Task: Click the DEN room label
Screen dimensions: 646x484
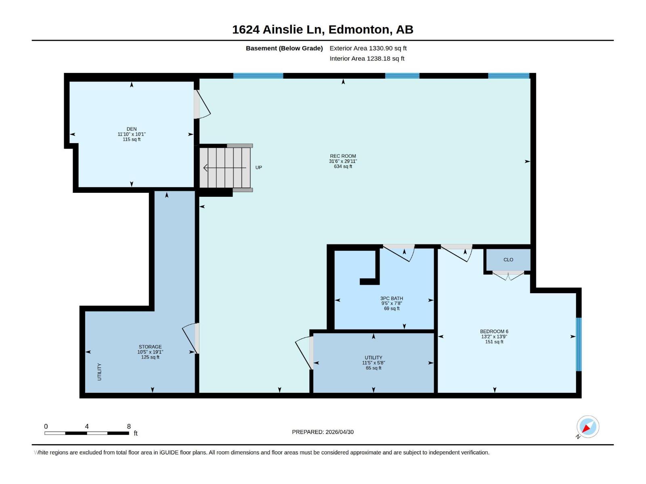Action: pos(132,129)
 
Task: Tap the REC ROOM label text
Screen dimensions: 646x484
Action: pos(343,156)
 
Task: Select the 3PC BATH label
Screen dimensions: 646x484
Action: pos(391,298)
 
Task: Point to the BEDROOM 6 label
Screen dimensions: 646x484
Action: pos(494,332)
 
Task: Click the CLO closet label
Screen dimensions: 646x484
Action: pos(508,260)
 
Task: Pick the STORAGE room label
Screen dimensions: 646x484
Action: pos(150,347)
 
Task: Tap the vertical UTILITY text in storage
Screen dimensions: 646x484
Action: pos(99,372)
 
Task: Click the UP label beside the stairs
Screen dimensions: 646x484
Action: pos(258,167)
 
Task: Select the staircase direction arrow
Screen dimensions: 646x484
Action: pos(225,168)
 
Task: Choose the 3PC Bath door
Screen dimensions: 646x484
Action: pos(399,253)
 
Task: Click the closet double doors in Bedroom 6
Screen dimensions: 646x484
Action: pos(508,275)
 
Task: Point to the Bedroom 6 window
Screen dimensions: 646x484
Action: pos(579,344)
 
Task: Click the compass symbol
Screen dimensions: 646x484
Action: pos(587,427)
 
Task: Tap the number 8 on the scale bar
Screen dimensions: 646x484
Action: pos(129,426)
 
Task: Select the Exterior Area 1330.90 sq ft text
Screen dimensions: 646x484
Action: pos(368,48)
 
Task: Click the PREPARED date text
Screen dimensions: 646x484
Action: pos(323,432)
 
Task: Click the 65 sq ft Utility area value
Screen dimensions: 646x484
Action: pos(373,368)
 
